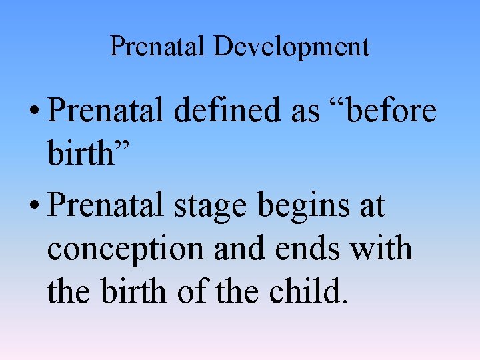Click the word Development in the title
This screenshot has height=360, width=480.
coord(291,47)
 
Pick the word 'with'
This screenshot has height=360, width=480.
coord(381,248)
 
